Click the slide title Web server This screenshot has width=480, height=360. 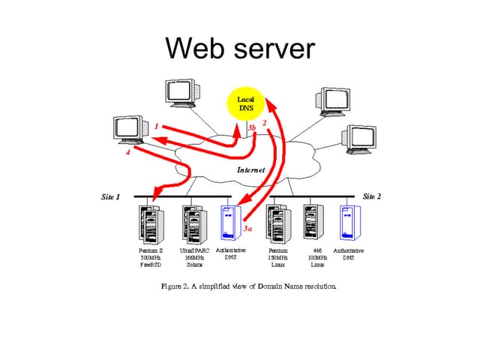[240, 48]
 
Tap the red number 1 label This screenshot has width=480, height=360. [156, 127]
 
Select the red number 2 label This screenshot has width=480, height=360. [265, 122]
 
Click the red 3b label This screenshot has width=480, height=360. [252, 128]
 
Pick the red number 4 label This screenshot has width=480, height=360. [127, 153]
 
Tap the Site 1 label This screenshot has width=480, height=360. [111, 196]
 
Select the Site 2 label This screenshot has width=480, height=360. [372, 196]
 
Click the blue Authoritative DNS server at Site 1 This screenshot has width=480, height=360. [230, 222]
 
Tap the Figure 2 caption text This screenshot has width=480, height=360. [249, 286]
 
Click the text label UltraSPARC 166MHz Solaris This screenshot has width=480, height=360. [194, 257]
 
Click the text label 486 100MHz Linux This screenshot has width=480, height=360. [317, 257]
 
